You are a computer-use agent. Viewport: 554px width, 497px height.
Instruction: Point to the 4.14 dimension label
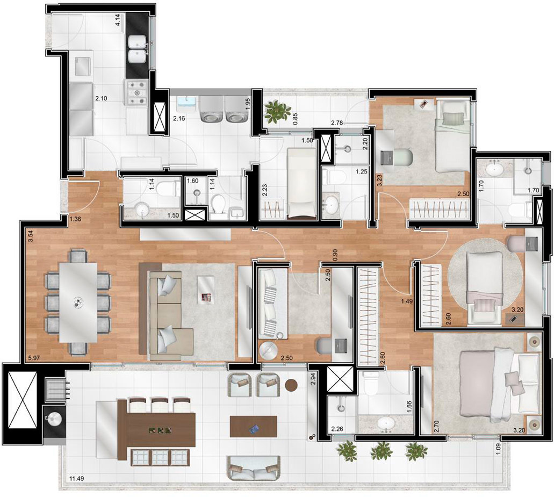click(118, 21)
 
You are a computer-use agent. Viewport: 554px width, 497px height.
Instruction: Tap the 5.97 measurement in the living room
click(34, 357)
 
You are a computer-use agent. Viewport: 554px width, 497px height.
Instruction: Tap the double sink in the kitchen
click(138, 49)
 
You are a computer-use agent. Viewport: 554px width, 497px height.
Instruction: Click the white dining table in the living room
click(78, 302)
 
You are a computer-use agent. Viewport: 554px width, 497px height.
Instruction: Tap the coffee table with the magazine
click(206, 290)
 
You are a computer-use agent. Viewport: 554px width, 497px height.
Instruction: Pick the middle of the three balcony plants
click(382, 450)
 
